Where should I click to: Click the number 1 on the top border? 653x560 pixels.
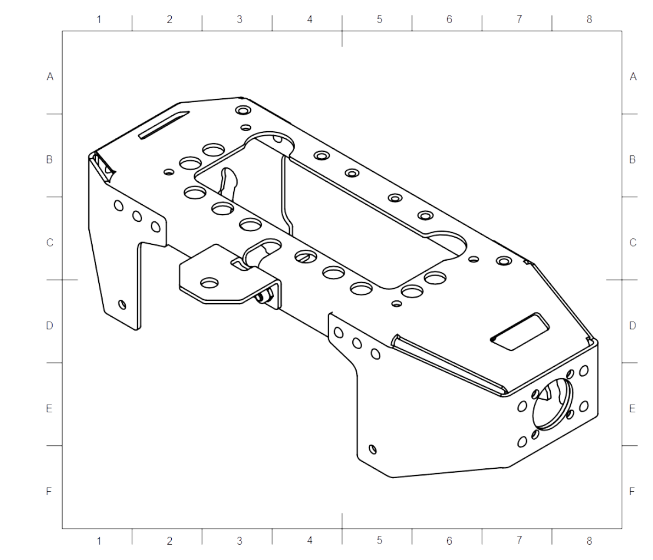click(99, 20)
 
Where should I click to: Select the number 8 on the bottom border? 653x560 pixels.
click(589, 541)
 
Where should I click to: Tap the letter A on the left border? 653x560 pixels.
click(50, 77)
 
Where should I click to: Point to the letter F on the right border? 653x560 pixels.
click(632, 491)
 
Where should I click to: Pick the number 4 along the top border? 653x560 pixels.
click(309, 20)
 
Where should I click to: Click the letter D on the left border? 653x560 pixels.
click(49, 326)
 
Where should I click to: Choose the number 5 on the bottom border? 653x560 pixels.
click(379, 541)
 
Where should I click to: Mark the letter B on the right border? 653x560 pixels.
click(632, 160)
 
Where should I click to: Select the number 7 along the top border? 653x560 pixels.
click(519, 20)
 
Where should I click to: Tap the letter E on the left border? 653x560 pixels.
click(49, 409)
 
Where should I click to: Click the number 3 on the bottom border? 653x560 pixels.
click(239, 541)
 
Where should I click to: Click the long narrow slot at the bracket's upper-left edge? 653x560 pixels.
click(164, 125)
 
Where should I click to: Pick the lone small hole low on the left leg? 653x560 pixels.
click(122, 304)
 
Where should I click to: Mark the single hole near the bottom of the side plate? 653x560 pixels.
click(373, 450)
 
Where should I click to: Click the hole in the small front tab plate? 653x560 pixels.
click(209, 283)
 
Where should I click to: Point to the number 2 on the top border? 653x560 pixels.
click(169, 20)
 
